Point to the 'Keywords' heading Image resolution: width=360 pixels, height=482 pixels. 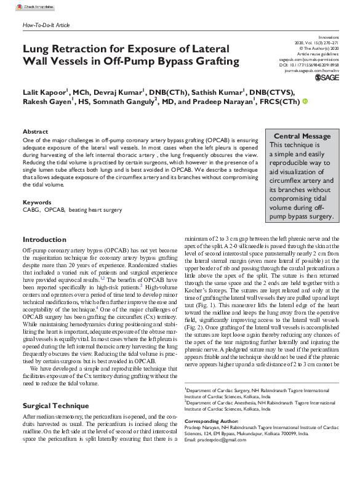click(37, 203)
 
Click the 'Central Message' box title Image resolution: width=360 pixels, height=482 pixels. click(302, 136)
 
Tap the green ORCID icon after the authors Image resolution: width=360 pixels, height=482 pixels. click(304, 102)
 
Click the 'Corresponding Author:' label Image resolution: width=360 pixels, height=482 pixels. click(211, 421)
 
